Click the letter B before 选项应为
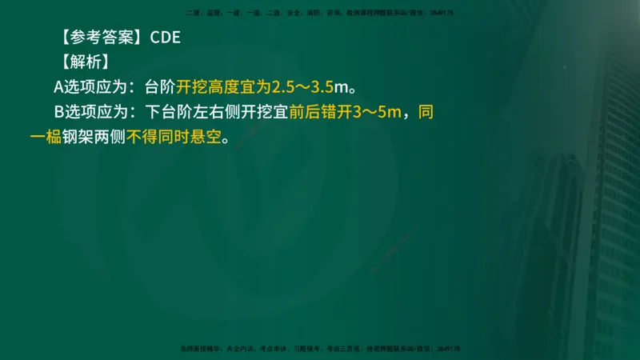click(59, 111)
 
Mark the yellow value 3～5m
click(378, 111)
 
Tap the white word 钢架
click(78, 136)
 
